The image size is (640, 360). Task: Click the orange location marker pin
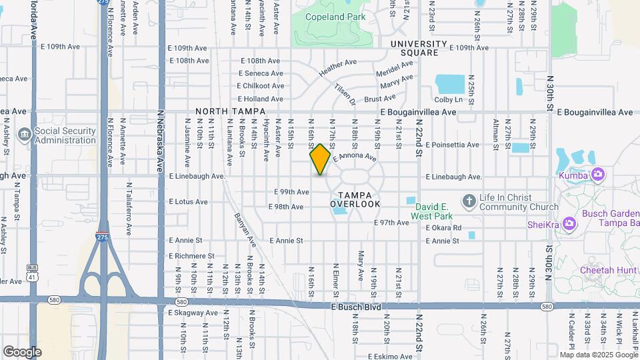pyautogui.click(x=320, y=159)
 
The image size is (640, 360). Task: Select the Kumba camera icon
pyautogui.click(x=598, y=175)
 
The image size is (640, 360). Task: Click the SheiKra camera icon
pyautogui.click(x=569, y=223)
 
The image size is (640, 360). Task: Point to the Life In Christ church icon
pyautogui.click(x=469, y=201)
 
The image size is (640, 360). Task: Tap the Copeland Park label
pyautogui.click(x=335, y=17)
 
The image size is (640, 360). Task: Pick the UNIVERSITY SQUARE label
pyautogui.click(x=414, y=48)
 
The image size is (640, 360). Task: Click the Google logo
pyautogui.click(x=22, y=351)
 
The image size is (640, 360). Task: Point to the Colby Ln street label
pyautogui.click(x=449, y=99)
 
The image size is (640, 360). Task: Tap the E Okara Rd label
pyautogui.click(x=444, y=227)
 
